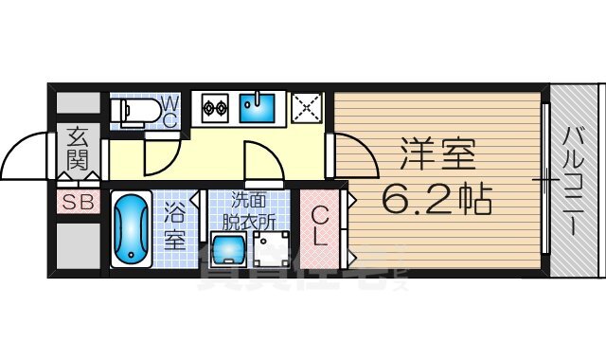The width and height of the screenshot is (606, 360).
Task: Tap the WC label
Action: pyautogui.click(x=168, y=111)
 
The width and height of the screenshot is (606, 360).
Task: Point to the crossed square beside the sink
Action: pyautogui.click(x=307, y=108)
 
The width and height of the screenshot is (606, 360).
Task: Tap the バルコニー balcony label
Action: pyautogui.click(x=575, y=180)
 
